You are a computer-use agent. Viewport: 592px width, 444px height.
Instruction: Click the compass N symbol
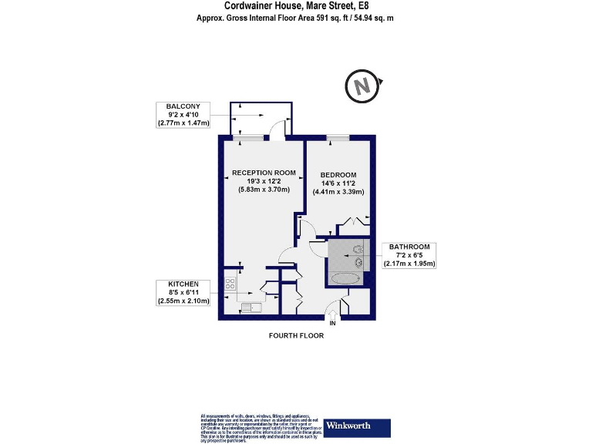362,86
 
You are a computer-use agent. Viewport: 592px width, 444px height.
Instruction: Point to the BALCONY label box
183,114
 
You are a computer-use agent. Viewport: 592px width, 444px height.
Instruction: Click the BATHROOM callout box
410,255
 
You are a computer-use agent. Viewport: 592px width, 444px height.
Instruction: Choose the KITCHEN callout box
183,292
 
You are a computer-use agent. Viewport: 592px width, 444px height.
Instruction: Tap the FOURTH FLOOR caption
296,336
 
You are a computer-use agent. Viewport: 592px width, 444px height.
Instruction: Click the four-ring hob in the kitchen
230,283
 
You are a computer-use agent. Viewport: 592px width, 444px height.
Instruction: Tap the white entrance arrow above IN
332,313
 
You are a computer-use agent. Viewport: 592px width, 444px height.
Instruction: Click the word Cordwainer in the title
251,5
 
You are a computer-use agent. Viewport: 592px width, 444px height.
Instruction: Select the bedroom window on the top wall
337,138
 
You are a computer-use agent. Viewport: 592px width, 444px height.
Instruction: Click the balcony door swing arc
277,130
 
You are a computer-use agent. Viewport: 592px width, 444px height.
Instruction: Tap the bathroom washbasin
358,262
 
